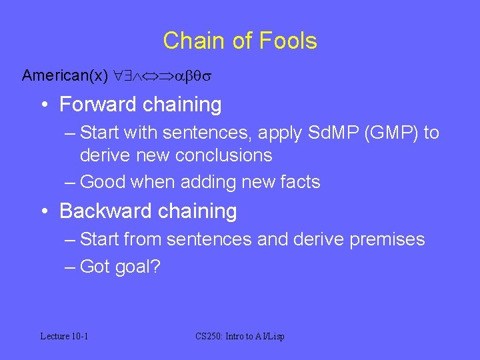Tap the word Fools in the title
click(289, 41)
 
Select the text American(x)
click(65, 75)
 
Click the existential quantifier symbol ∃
click(129, 76)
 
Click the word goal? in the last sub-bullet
click(136, 267)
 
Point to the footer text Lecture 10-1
click(64, 336)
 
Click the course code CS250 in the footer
click(208, 336)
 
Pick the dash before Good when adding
click(70, 182)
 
